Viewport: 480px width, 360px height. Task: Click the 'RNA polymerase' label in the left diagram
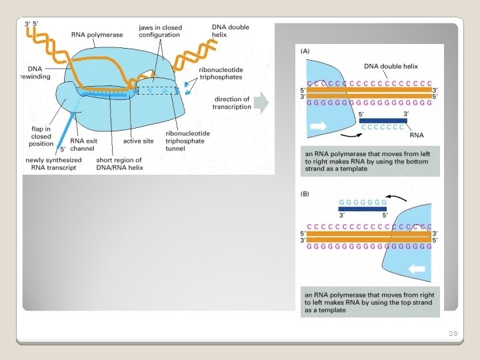93,34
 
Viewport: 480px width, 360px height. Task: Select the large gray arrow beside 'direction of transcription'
262,103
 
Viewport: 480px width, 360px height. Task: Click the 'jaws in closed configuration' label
159,31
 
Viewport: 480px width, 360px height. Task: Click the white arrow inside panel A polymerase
319,125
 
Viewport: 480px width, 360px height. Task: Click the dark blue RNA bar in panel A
383,121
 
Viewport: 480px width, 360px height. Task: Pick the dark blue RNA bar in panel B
363,209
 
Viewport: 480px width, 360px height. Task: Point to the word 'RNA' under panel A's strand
417,135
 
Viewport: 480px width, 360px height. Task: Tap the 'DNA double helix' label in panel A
391,66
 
